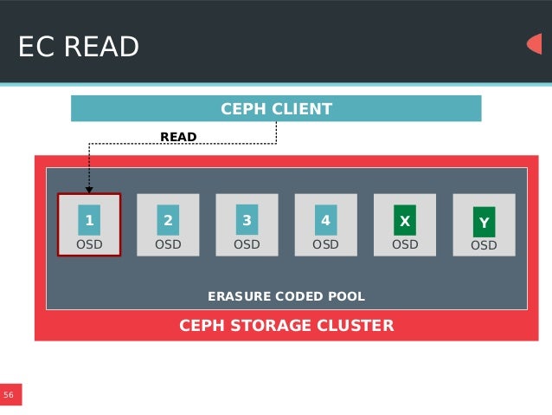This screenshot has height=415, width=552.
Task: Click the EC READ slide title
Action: [x=79, y=47]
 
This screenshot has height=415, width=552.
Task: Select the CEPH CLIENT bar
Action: [x=275, y=109]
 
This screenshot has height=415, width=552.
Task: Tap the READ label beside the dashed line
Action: [x=178, y=137]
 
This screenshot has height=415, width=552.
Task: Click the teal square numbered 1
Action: [x=88, y=221]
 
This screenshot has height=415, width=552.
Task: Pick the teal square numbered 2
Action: [x=168, y=221]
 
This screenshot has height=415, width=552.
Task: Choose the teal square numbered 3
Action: [x=247, y=221]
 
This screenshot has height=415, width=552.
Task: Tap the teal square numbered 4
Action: [x=325, y=221]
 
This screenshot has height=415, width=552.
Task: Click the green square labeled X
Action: [x=404, y=221]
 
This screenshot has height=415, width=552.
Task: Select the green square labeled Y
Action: [x=484, y=223]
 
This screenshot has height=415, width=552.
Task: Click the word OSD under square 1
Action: [x=88, y=244]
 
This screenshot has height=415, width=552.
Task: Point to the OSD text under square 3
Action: [x=247, y=244]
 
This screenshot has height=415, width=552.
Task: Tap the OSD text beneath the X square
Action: [x=404, y=244]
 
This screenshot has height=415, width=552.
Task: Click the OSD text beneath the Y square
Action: [x=484, y=245]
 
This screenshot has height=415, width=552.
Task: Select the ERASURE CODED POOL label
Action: [x=286, y=296]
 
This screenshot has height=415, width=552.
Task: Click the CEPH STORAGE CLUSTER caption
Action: [x=286, y=326]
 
